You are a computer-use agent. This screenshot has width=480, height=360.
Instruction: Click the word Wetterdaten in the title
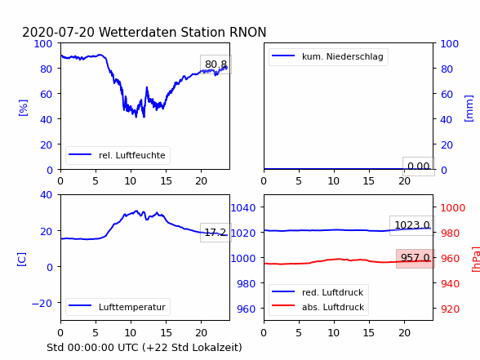138,32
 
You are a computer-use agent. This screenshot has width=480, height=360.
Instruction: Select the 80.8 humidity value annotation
216,64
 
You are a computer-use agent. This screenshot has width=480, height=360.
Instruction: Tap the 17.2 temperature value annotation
216,233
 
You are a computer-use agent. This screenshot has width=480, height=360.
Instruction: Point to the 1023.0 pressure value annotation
412,225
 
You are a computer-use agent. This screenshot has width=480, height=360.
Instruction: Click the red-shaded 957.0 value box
416,258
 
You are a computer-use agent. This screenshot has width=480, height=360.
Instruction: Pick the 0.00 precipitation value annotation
419,167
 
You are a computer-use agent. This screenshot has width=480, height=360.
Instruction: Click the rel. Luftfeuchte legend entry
118,155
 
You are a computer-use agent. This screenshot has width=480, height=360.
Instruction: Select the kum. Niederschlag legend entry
328,56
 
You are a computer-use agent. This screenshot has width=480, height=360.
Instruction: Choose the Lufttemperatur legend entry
118,307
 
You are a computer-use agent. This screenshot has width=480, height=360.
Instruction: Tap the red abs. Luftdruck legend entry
318,307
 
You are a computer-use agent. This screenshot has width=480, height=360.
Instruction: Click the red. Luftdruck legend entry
318,292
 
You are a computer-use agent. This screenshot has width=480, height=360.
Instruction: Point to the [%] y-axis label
23,108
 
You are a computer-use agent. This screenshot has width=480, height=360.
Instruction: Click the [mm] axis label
469,109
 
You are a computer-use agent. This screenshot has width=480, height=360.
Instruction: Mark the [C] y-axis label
22,260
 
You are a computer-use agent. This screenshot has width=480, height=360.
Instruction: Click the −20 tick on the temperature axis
42,303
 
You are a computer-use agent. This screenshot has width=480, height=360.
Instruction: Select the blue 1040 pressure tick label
243,208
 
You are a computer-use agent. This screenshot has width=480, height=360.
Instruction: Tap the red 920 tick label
450,309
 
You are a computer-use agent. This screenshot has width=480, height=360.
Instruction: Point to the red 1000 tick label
453,208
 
